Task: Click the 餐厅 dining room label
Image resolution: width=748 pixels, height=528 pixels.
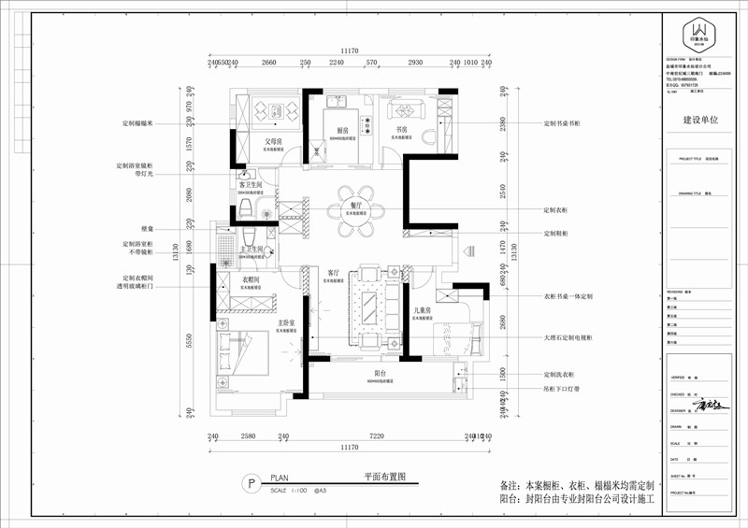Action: click(355, 204)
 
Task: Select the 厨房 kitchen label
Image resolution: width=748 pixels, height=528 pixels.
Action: click(342, 130)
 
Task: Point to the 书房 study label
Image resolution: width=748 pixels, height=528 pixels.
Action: click(403, 130)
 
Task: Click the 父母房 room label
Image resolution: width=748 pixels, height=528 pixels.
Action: click(274, 142)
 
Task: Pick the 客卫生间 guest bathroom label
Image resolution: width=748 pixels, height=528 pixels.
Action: click(248, 184)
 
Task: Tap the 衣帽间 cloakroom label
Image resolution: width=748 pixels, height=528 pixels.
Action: click(252, 280)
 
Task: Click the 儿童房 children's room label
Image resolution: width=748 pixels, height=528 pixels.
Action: click(423, 309)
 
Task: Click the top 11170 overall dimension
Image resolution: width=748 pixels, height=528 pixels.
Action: click(350, 52)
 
